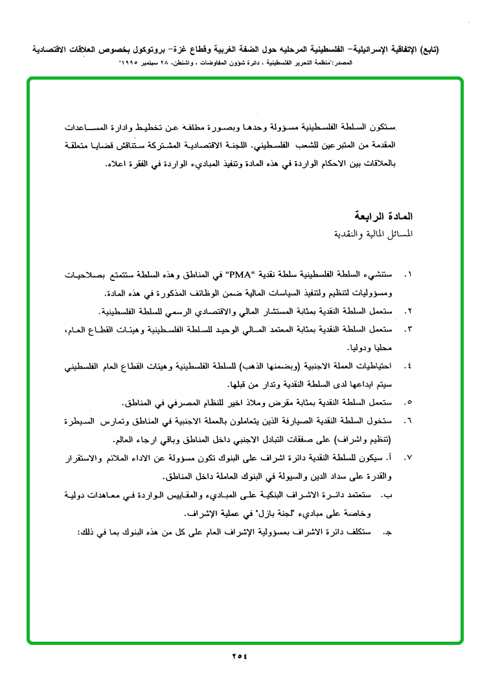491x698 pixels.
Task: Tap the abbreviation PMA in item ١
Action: pos(238,275)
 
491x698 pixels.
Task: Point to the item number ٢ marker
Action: pos(408,311)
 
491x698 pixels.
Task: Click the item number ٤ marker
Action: pos(408,366)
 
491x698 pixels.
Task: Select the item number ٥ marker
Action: pos(408,403)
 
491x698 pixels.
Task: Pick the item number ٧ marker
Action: pos(408,458)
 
